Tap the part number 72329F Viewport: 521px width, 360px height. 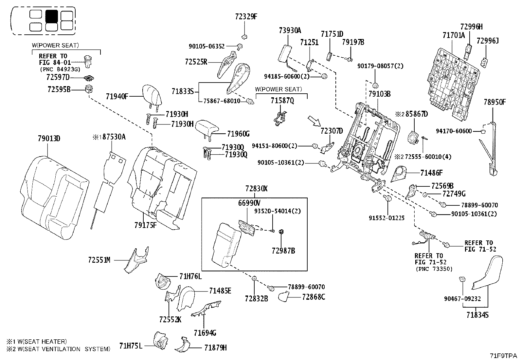[246, 16]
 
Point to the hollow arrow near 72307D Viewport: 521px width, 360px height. [314, 121]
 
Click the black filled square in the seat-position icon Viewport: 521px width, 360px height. [51, 16]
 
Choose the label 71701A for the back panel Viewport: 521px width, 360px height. [454, 35]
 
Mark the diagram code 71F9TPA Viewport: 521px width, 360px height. [503, 355]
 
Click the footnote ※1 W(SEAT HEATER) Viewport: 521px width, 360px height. [36, 342]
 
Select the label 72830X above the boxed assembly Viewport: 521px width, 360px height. [257, 189]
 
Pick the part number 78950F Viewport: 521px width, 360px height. [494, 102]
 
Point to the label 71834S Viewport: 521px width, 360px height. [477, 315]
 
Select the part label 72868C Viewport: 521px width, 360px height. [313, 297]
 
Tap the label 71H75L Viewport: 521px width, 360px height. [131, 346]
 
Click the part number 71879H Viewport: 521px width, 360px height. [215, 348]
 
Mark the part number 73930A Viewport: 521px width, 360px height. [290, 30]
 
